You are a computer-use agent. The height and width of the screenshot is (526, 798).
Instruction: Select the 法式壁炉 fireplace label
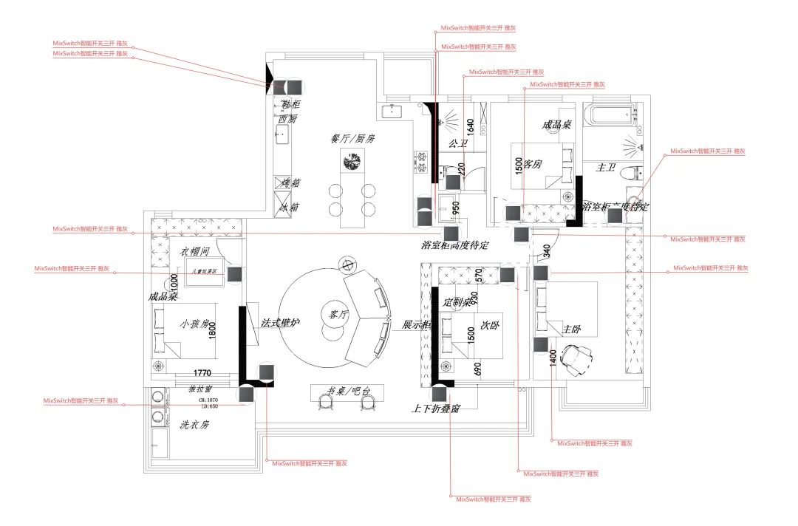point(281,324)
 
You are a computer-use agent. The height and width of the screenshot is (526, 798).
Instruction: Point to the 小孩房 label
point(195,323)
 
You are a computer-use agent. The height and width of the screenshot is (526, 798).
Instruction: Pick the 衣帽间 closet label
point(196,251)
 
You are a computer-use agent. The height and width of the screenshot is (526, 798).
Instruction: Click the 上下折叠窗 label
point(436,408)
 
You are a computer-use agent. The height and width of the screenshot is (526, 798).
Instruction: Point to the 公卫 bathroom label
point(457,143)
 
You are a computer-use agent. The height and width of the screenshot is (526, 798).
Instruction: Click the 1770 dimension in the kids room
point(202,373)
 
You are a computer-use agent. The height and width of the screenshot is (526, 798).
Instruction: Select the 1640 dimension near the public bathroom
point(470,127)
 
